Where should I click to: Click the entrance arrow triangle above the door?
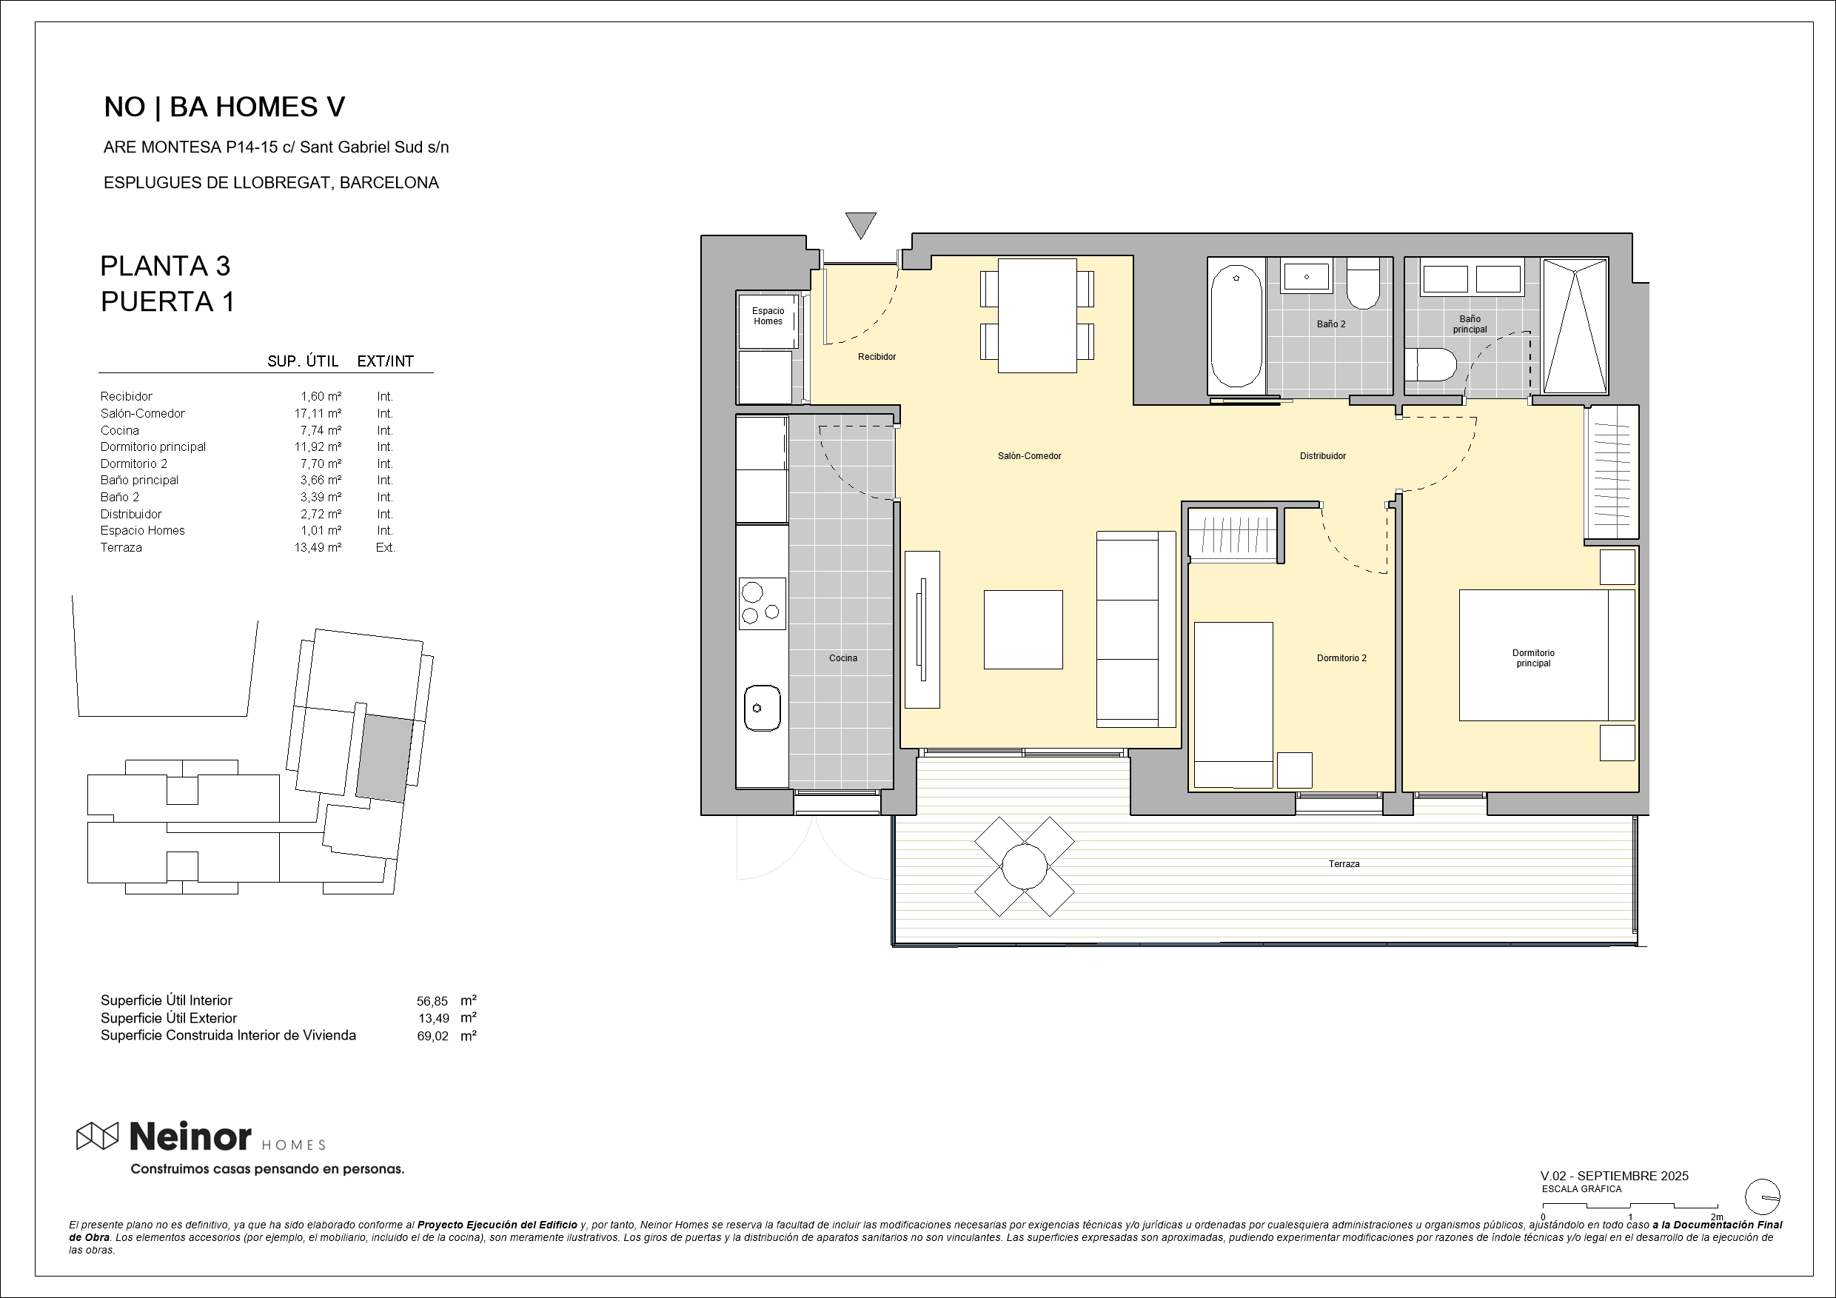(x=860, y=224)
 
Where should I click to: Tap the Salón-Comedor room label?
(x=1029, y=456)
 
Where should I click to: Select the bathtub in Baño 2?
(x=1236, y=327)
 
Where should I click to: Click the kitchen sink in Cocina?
(x=762, y=708)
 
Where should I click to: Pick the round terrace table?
(x=1025, y=866)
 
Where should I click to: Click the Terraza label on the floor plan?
(x=1344, y=864)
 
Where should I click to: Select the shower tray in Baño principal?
(x=1575, y=326)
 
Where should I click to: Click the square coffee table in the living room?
(x=1022, y=629)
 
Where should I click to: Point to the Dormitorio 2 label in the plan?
(x=1341, y=658)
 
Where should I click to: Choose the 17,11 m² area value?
(x=318, y=413)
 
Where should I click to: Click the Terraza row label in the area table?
(x=121, y=548)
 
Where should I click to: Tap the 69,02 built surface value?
(x=432, y=1036)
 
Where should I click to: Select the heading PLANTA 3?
(x=165, y=266)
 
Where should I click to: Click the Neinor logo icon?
(x=98, y=1136)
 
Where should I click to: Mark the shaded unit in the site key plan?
(x=385, y=759)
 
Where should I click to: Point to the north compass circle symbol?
(x=1763, y=1197)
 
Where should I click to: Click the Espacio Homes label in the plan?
(x=768, y=316)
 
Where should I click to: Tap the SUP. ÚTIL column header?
(x=302, y=361)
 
